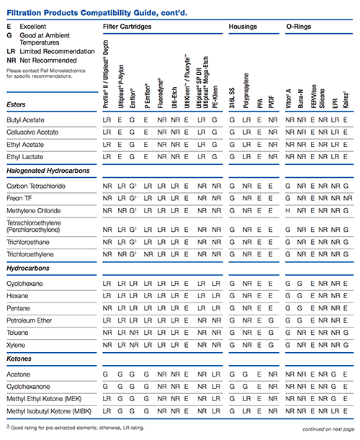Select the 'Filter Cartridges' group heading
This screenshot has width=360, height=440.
click(x=127, y=27)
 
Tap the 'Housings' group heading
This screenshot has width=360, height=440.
click(x=243, y=27)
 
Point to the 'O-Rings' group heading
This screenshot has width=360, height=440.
click(x=299, y=27)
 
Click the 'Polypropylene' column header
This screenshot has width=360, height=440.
click(x=246, y=91)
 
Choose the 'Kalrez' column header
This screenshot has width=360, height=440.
click(x=346, y=99)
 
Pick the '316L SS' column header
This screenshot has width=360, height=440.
click(x=232, y=98)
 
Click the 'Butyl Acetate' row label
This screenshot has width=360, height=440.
click(x=25, y=120)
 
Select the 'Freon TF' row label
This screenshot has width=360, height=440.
click(x=19, y=198)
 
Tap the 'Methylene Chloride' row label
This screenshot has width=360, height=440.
click(x=34, y=211)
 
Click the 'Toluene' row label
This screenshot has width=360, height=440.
click(x=17, y=333)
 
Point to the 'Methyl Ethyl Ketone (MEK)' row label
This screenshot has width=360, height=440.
click(x=44, y=399)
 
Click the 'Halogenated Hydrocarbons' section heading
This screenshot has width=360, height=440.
click(x=48, y=171)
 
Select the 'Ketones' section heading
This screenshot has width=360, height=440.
click(x=19, y=359)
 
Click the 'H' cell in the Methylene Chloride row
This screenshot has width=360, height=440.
click(x=287, y=211)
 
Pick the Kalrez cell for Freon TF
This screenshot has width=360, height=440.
click(x=348, y=198)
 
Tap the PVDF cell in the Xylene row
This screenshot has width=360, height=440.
click(x=271, y=345)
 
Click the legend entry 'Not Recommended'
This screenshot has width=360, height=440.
click(x=48, y=60)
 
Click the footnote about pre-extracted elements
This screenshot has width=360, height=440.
click(x=75, y=428)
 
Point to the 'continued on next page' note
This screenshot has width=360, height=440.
click(x=328, y=429)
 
